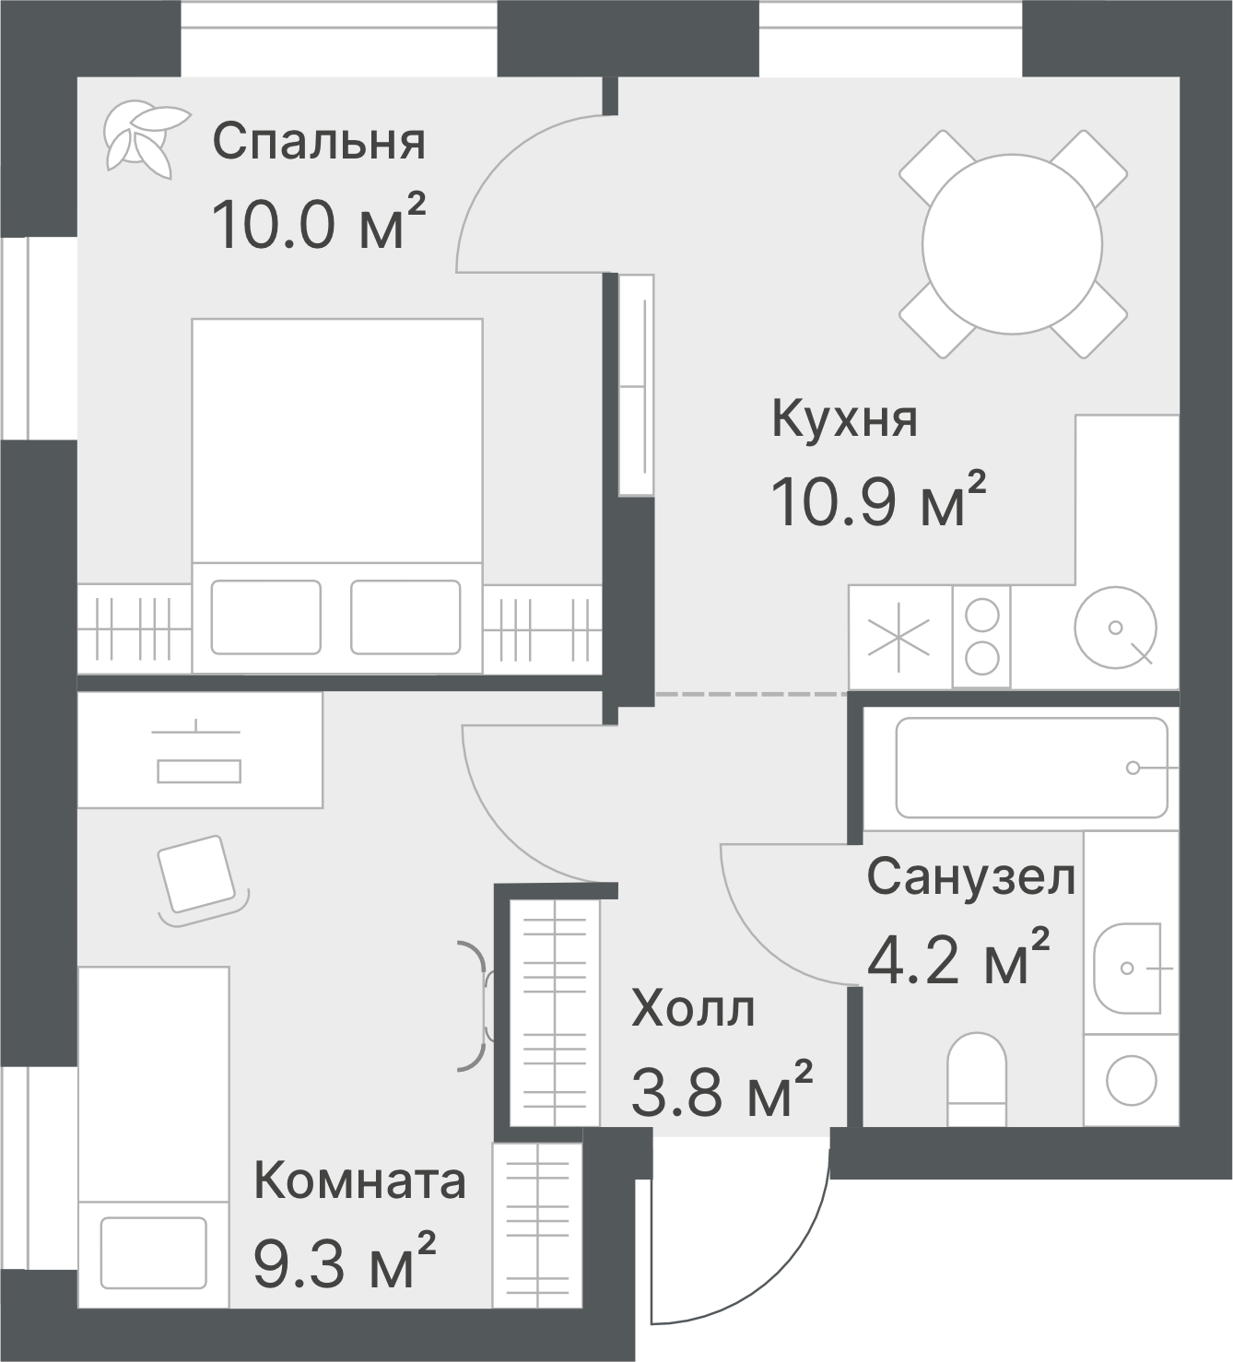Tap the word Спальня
(319, 142)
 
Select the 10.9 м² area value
(877, 502)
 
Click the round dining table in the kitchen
(1012, 244)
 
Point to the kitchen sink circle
(1115, 628)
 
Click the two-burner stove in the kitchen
(982, 637)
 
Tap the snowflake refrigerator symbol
(898, 637)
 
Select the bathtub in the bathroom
(1031, 768)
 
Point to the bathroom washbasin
(1129, 968)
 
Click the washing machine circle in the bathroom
(1131, 1079)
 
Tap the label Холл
(693, 1009)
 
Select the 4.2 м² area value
(957, 960)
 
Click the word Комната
(359, 1180)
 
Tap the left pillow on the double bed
(266, 617)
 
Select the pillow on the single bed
(153, 1252)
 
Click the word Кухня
(844, 419)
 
